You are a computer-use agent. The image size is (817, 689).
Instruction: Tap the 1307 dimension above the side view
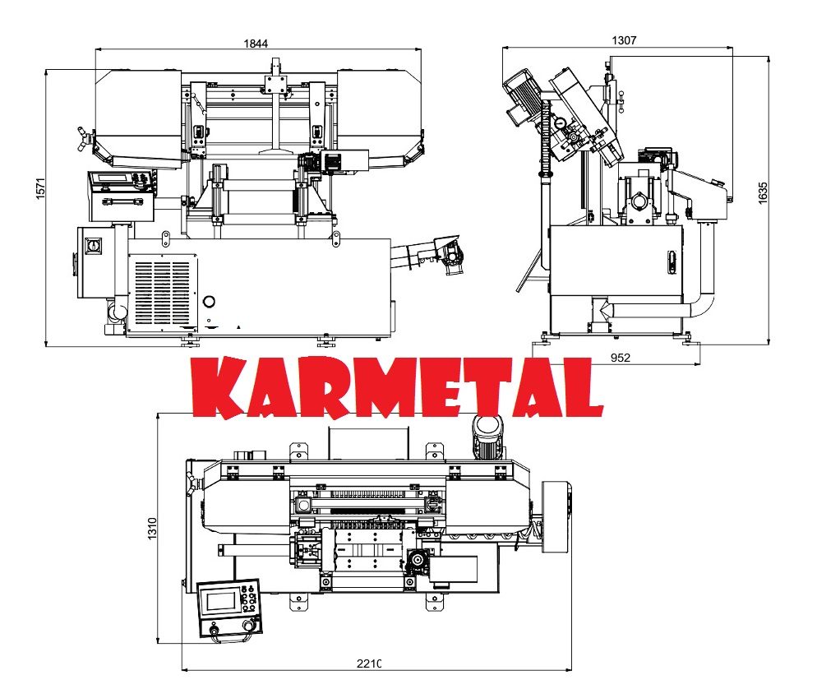624,39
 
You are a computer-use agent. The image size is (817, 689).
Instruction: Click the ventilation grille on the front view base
163,293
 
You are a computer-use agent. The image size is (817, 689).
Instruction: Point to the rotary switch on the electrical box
93,246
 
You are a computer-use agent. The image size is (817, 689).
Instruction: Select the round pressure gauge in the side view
559,123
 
